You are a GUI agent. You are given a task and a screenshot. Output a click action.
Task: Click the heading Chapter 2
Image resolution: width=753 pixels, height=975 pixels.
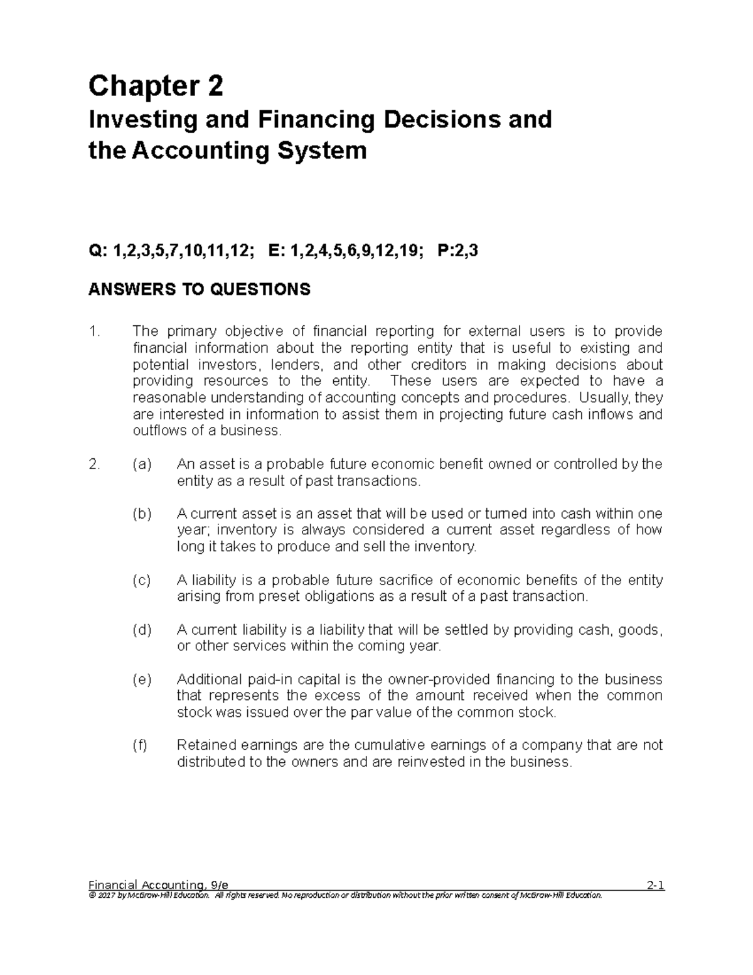click(x=156, y=86)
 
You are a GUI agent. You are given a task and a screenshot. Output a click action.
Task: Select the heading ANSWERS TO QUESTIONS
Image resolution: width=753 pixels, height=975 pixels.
click(x=200, y=289)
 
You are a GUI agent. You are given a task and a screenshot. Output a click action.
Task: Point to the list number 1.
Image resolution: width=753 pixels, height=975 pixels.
click(x=94, y=331)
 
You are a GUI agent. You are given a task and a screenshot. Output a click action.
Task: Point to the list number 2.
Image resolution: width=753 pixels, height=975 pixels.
click(x=94, y=465)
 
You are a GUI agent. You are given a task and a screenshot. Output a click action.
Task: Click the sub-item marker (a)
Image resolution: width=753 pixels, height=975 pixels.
click(x=142, y=465)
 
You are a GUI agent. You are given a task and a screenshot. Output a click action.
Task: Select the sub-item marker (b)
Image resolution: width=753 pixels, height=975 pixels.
click(x=142, y=514)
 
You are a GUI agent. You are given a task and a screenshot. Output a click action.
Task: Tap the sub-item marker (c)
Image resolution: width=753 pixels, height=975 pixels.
click(x=142, y=580)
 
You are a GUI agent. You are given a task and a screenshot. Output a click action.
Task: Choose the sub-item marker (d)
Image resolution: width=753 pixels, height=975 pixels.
click(x=142, y=630)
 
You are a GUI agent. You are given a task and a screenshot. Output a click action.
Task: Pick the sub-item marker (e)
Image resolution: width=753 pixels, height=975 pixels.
click(x=142, y=679)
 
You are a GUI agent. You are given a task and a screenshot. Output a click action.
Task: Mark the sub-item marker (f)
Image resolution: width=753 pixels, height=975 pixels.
click(x=140, y=745)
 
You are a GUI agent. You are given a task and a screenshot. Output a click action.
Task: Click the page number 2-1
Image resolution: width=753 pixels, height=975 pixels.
click(x=654, y=886)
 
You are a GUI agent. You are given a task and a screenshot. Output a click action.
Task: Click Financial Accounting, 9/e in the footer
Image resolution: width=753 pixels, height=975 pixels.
click(x=158, y=886)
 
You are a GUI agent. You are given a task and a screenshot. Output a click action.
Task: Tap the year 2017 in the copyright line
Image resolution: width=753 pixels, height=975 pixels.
click(x=107, y=895)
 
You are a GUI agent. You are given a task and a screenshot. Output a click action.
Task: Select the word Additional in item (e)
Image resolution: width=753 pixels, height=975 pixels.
click(x=208, y=679)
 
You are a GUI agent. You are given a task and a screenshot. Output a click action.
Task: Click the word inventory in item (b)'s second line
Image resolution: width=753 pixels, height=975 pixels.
click(x=241, y=531)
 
